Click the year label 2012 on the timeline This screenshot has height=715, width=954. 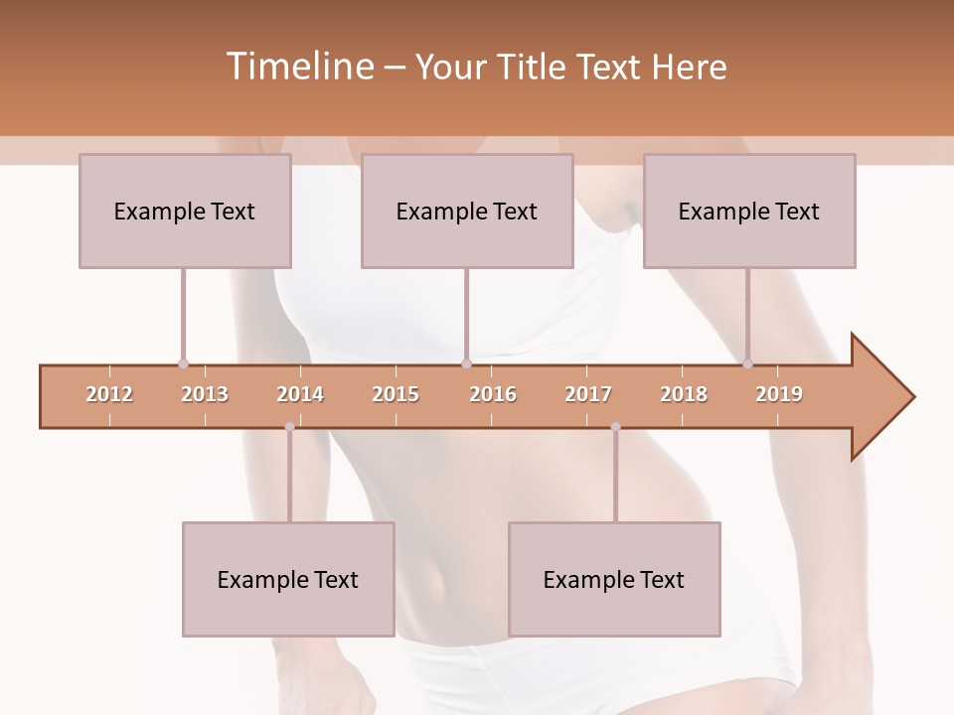coord(109,394)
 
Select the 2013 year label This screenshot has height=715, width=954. coord(205,394)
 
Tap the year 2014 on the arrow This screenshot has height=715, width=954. coord(300,394)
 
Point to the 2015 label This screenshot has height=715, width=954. coord(396,394)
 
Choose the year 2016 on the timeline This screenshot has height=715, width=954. coord(493,394)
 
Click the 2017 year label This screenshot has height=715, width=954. coord(588,394)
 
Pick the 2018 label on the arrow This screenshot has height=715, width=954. coord(684,394)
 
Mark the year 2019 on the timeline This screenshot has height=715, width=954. coord(779,394)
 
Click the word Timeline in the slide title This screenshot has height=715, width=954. coord(297,67)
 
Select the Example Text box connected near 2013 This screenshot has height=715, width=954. coord(185,211)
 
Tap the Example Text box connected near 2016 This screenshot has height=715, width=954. coord(467,211)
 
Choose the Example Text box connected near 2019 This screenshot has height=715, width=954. coord(749,211)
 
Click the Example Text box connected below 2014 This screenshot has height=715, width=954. coord(288,579)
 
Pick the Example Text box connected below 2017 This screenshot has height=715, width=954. coord(614,579)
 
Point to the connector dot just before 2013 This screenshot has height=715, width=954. coord(183,363)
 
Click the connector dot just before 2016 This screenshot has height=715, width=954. coord(466,363)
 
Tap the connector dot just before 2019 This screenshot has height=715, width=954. coord(748,363)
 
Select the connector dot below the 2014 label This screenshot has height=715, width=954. coord(289,427)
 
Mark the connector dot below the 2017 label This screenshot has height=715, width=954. coord(615,427)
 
